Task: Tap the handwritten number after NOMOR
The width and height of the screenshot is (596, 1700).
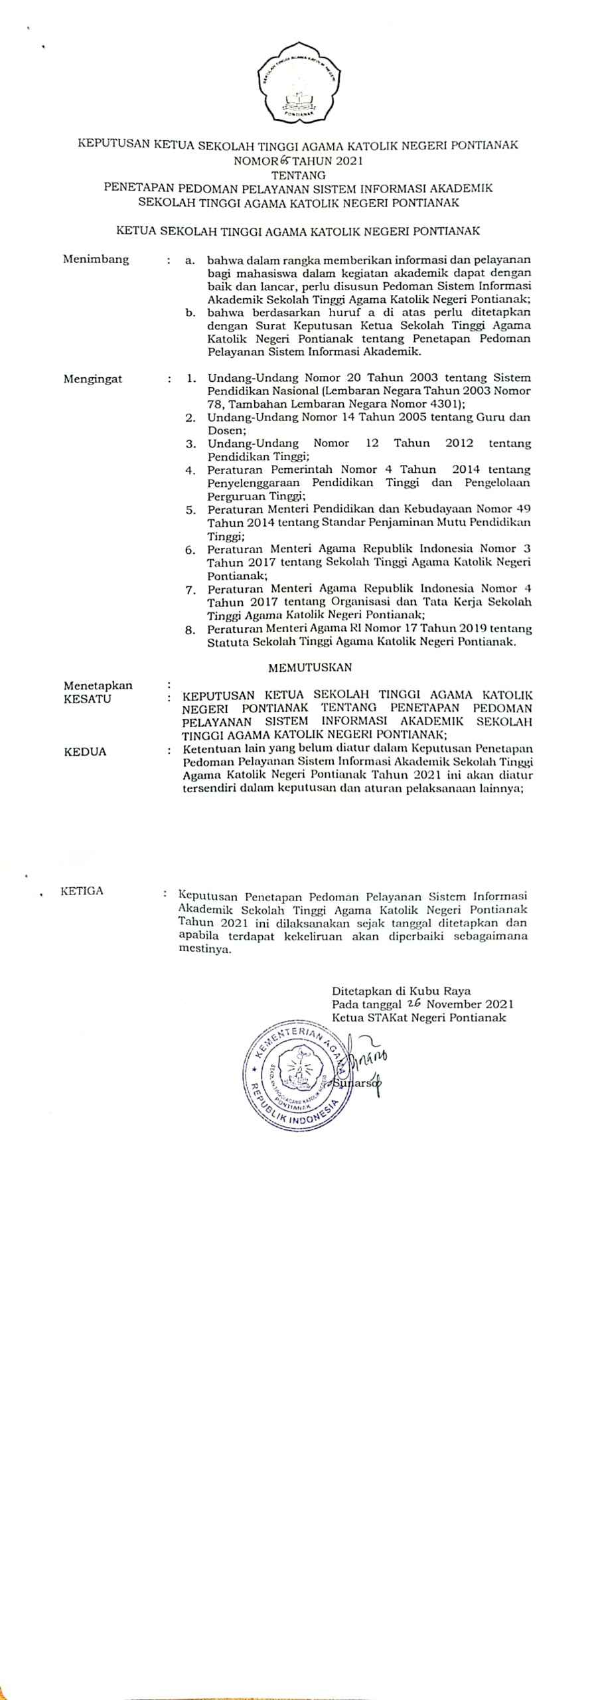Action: [271, 160]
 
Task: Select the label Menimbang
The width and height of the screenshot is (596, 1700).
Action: [96, 259]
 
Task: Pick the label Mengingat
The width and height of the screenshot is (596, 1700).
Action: [93, 379]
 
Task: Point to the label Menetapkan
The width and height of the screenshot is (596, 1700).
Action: [98, 685]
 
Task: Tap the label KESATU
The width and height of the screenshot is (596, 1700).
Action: [87, 699]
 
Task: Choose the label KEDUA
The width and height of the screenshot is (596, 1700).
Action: [85, 752]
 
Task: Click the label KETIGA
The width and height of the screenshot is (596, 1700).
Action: [82, 891]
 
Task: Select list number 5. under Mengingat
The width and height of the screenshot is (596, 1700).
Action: [190, 510]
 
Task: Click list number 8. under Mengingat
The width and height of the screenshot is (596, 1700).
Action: [190, 630]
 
